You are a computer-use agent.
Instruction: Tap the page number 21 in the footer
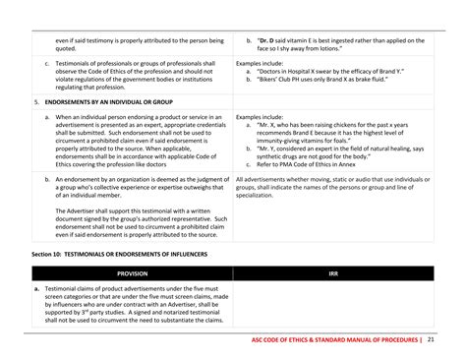[432, 340]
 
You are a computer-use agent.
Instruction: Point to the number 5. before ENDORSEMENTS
[36, 101]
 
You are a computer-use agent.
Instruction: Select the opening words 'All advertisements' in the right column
[262, 180]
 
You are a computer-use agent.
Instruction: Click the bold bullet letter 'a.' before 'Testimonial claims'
[37, 288]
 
